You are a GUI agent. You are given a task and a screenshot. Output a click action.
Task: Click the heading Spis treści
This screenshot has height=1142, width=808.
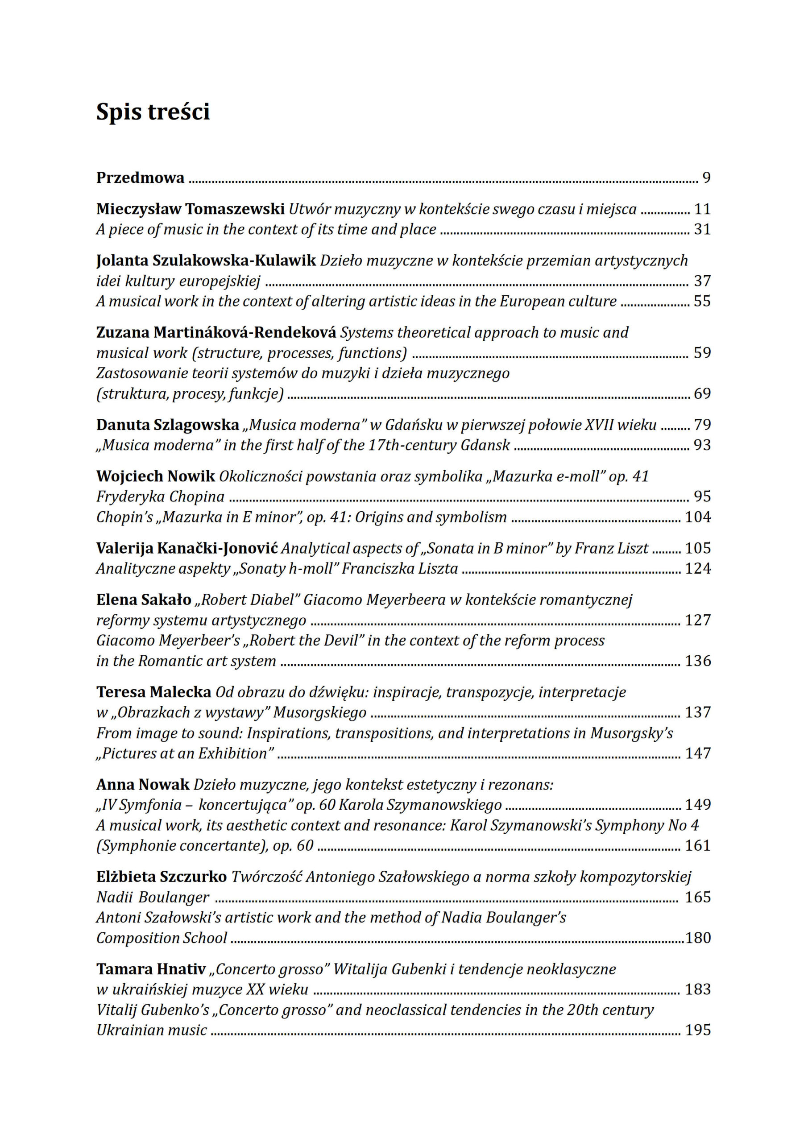pyautogui.click(x=153, y=112)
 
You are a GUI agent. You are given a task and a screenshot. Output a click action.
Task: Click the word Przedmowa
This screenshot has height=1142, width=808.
pyautogui.click(x=140, y=178)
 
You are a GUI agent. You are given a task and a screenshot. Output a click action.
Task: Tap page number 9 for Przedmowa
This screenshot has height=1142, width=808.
pyautogui.click(x=706, y=178)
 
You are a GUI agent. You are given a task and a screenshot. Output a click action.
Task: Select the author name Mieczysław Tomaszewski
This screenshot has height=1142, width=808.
pyautogui.click(x=190, y=209)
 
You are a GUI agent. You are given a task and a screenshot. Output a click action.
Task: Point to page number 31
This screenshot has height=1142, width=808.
pyautogui.click(x=702, y=229)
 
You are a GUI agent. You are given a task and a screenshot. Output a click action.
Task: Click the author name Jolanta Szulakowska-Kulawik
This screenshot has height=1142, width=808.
pyautogui.click(x=206, y=260)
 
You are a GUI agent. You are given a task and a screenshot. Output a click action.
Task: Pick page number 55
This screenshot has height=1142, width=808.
pyautogui.click(x=702, y=302)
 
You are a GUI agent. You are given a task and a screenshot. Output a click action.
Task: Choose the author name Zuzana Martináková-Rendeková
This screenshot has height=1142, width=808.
pyautogui.click(x=216, y=332)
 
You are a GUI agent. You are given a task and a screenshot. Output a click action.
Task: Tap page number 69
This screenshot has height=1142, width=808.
pyautogui.click(x=702, y=393)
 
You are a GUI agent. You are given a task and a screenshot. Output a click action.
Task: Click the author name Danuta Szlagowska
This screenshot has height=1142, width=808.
pyautogui.click(x=168, y=425)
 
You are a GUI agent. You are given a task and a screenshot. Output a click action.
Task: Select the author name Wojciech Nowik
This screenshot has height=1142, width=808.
pyautogui.click(x=156, y=476)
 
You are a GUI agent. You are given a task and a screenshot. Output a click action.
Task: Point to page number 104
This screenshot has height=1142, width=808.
pyautogui.click(x=697, y=517)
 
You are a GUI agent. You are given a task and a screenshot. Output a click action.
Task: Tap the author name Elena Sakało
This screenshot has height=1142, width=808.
pyautogui.click(x=144, y=600)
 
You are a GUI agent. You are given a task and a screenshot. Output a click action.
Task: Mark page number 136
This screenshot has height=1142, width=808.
pyautogui.click(x=697, y=661)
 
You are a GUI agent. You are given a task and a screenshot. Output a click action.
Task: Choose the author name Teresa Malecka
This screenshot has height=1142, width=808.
pyautogui.click(x=154, y=692)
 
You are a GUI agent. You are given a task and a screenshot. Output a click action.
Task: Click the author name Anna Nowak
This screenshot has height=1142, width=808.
pyautogui.click(x=143, y=784)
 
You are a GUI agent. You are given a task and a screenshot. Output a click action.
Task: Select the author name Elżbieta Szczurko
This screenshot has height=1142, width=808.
pyautogui.click(x=162, y=877)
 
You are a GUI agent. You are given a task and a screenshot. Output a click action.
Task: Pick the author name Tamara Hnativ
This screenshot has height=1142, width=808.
pyautogui.click(x=151, y=969)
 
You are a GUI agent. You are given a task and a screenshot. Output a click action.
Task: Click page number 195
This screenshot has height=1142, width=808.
pyautogui.click(x=697, y=1030)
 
